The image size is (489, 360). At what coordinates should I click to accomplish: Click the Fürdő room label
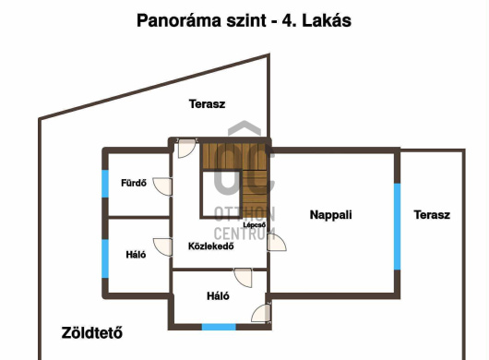(134, 183)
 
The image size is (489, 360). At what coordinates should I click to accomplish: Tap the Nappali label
(331, 215)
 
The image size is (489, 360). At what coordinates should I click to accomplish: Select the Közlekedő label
(211, 246)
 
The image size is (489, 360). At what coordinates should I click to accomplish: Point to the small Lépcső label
(255, 225)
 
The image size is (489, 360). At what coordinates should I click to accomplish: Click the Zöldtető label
(92, 333)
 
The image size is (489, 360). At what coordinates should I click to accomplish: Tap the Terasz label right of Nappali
(432, 215)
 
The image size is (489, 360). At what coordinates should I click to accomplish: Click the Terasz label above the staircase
(207, 104)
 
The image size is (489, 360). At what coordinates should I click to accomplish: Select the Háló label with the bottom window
(218, 295)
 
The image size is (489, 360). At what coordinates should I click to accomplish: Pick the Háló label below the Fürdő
(136, 255)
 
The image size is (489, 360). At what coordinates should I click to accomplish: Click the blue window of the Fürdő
(105, 184)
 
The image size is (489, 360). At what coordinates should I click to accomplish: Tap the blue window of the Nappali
(397, 226)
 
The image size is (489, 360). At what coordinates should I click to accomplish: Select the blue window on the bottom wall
(219, 327)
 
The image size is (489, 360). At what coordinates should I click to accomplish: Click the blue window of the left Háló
(105, 258)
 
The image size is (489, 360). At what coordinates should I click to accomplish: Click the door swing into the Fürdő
(162, 186)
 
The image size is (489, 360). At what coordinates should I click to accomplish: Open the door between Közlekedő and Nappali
(276, 242)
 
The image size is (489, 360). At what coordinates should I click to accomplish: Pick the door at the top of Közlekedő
(187, 149)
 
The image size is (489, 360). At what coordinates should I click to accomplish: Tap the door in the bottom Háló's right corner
(261, 313)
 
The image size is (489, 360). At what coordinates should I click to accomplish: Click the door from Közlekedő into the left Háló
(162, 247)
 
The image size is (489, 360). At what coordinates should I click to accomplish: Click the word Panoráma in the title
(179, 21)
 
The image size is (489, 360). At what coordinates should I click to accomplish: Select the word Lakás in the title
(327, 21)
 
